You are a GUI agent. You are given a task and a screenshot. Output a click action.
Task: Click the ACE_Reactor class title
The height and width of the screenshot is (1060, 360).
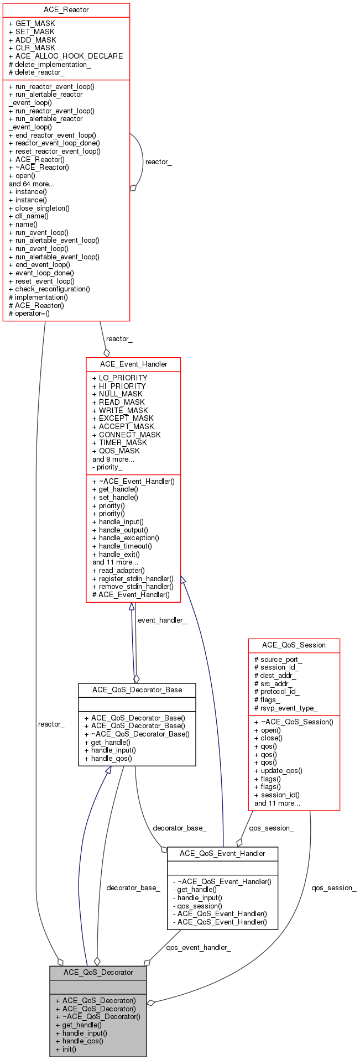click(x=66, y=10)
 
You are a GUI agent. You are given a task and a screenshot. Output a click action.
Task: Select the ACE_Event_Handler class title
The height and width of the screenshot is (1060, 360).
click(x=133, y=364)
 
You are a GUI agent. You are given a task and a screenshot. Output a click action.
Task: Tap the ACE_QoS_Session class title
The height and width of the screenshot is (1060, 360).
click(x=294, y=645)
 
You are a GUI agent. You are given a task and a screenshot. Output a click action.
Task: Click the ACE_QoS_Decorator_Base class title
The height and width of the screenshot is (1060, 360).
click(x=137, y=690)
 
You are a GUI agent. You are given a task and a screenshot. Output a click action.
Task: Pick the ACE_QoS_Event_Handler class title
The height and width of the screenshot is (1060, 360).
click(x=222, y=853)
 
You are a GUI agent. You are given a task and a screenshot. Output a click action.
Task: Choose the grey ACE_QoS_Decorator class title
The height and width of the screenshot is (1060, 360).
click(x=98, y=972)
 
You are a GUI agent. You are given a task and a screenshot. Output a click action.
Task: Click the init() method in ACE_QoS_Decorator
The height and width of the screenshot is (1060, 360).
click(x=66, y=1049)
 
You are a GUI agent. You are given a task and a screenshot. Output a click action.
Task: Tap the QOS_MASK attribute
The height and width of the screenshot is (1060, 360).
click(x=116, y=451)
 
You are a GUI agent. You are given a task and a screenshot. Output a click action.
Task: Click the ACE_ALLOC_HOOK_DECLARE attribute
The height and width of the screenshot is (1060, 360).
click(x=66, y=56)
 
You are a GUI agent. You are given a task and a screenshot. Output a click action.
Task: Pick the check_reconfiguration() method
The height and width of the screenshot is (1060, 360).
click(x=49, y=289)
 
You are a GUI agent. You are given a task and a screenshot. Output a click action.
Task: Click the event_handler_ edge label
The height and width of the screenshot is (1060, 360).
click(x=162, y=620)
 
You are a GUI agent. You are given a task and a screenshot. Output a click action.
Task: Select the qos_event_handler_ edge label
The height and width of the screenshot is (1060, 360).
click(x=199, y=948)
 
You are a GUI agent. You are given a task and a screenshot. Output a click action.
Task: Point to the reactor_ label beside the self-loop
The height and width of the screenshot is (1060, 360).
click(x=158, y=162)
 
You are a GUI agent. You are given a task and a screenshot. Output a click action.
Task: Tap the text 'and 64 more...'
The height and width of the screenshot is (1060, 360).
click(x=32, y=184)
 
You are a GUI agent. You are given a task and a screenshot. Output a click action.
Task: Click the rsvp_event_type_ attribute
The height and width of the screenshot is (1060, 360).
click(x=285, y=708)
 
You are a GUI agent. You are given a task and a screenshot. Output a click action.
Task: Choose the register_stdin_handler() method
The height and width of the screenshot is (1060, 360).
click(x=133, y=578)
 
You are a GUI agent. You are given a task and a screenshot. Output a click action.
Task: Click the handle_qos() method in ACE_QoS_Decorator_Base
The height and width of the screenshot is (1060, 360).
click(x=108, y=758)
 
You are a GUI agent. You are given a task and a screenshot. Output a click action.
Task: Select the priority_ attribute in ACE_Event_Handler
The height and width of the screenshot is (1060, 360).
click(x=107, y=467)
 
